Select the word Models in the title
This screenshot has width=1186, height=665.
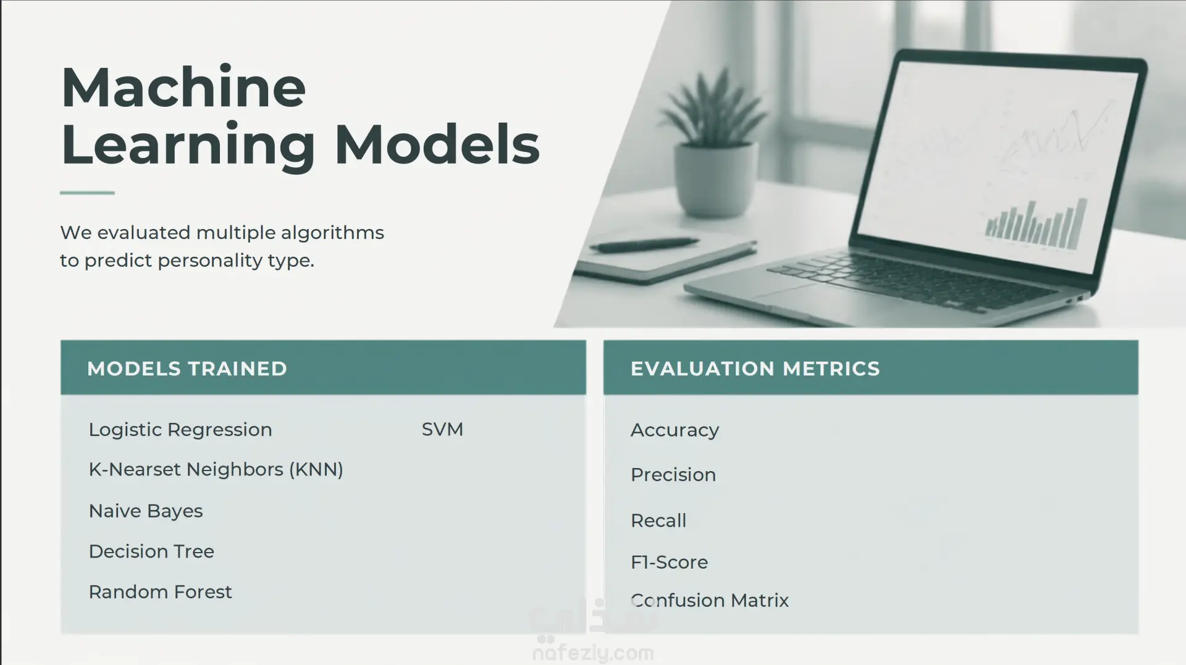[437, 144]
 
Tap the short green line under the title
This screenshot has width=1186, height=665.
[87, 193]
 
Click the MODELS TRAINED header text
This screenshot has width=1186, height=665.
[187, 369]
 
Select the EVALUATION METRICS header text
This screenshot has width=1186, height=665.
[755, 369]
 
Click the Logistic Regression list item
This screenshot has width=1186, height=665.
[180, 430]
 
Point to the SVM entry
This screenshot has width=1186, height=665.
[442, 429]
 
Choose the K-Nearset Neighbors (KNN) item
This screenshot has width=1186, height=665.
[216, 470]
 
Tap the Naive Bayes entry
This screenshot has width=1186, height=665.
[146, 511]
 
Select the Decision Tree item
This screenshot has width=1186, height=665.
[151, 551]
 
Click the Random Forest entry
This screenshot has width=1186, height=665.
[161, 592]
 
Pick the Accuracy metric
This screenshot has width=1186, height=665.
[675, 430]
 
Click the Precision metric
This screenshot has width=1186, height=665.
[673, 475]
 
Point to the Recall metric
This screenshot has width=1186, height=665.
[658, 521]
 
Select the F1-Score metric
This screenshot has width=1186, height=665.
[670, 562]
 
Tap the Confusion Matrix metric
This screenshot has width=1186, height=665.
[710, 600]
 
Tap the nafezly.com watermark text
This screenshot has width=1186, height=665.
[593, 653]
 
